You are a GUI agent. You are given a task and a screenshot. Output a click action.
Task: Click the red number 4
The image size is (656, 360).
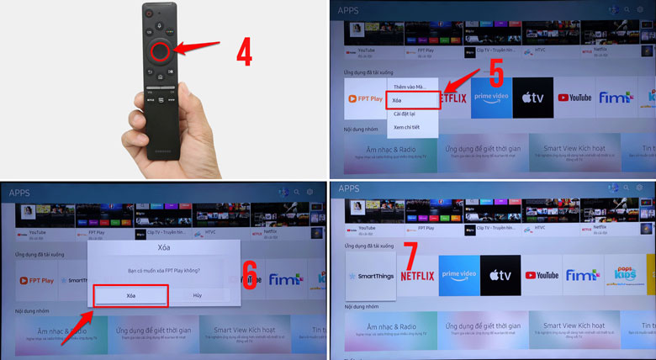click(x=244, y=52)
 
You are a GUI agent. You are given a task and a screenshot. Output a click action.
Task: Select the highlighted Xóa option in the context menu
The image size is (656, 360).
click(x=412, y=100)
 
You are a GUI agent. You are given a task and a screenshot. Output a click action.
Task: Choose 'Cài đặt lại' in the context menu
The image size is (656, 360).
click(x=407, y=114)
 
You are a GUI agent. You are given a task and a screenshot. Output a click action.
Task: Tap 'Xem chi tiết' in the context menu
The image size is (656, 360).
click(x=406, y=127)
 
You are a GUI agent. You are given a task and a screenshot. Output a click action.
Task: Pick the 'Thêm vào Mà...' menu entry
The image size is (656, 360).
click(x=410, y=87)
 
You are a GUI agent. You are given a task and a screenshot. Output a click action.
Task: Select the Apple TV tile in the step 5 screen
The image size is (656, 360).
click(x=533, y=98)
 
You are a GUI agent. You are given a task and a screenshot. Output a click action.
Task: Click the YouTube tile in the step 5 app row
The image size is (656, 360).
click(x=575, y=98)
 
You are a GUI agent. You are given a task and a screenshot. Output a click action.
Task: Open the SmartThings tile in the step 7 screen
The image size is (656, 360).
click(x=369, y=275)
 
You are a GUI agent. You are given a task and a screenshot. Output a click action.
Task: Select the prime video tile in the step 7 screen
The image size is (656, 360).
click(x=458, y=275)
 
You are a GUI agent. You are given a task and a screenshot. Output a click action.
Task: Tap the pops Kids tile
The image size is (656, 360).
click(x=625, y=275)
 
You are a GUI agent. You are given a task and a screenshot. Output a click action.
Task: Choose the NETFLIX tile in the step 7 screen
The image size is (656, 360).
click(x=417, y=275)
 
